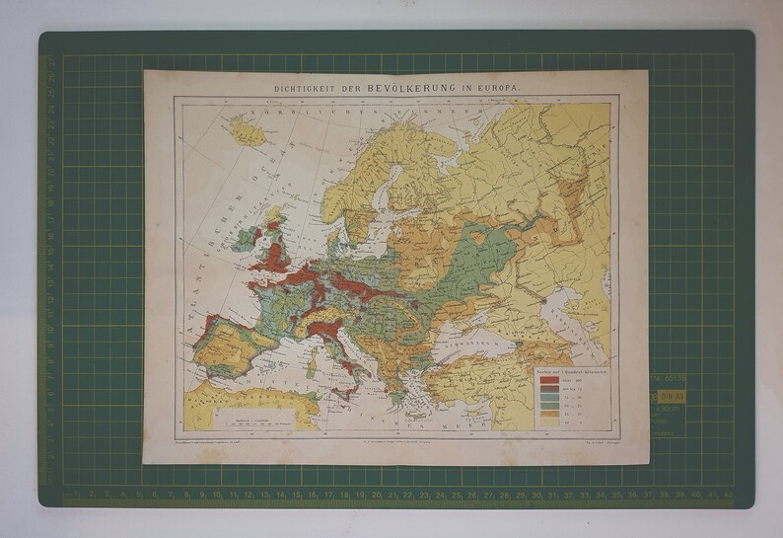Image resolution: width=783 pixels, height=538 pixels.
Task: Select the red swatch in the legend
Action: click(x=548, y=380)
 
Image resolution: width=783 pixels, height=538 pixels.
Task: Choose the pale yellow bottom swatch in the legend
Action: click(x=548, y=422)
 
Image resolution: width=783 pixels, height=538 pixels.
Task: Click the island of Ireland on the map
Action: click(x=243, y=242)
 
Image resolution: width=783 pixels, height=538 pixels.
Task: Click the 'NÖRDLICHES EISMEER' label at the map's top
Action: click(x=316, y=116)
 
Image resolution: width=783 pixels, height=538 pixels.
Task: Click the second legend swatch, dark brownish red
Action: click(x=548, y=389)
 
